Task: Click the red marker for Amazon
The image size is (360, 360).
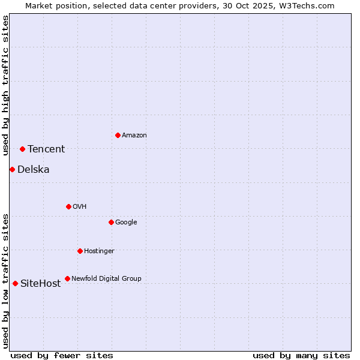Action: click(118, 135)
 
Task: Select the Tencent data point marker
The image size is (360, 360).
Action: click(22, 149)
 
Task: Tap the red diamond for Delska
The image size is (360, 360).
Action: click(12, 169)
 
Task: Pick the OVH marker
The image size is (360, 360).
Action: click(68, 206)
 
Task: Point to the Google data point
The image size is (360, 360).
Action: click(111, 222)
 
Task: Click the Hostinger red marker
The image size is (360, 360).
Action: click(80, 251)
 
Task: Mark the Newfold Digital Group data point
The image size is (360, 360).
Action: click(67, 278)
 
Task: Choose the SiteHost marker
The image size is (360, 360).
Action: click(15, 283)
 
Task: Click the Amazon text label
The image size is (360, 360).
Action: click(134, 136)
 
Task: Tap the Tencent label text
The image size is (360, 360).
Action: click(46, 149)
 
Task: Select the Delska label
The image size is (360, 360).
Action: click(34, 170)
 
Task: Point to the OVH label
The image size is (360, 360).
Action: click(80, 207)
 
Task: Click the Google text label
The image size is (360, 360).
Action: click(126, 223)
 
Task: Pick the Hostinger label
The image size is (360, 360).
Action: click(99, 251)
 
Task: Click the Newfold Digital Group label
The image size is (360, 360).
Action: click(106, 279)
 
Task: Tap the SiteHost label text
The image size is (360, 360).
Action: click(41, 284)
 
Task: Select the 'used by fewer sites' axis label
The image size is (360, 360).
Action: click(62, 355)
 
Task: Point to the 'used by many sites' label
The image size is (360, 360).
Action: click(301, 355)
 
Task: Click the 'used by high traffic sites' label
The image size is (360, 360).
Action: click(5, 85)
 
